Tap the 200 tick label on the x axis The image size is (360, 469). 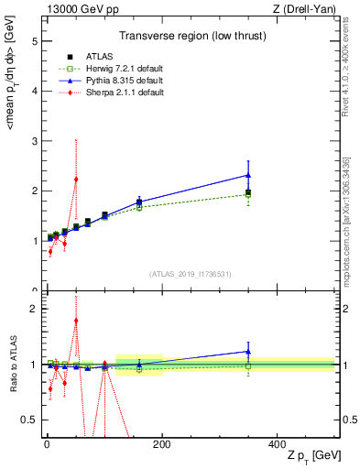coord(161,444)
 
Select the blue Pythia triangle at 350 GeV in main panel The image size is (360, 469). coord(248,175)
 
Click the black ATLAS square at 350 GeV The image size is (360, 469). coord(248,192)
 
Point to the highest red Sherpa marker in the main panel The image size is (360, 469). coord(76,179)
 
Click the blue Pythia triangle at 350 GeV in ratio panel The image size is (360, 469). coord(248,351)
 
